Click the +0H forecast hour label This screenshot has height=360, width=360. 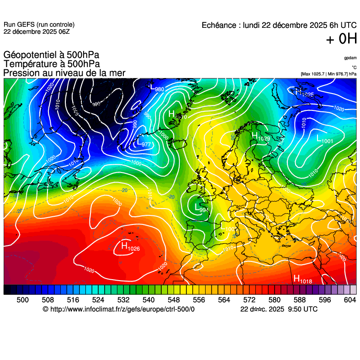(x=341, y=40)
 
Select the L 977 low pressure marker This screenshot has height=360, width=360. (x=143, y=143)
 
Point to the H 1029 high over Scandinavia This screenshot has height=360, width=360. (x=260, y=137)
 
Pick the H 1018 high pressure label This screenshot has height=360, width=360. (x=302, y=279)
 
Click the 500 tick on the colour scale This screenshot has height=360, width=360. (x=22, y=299)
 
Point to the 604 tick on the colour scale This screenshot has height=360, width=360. (x=349, y=299)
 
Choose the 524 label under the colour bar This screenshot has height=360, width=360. (x=98, y=299)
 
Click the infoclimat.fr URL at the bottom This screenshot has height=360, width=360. (x=119, y=309)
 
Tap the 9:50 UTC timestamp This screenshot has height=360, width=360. (x=299, y=309)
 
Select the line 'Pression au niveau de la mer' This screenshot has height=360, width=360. (x=64, y=73)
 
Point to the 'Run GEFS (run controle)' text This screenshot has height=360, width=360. (x=39, y=25)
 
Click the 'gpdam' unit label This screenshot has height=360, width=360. (x=350, y=58)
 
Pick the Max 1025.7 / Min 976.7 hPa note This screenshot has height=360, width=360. (x=328, y=73)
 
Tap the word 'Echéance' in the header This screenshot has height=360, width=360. (x=218, y=26)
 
